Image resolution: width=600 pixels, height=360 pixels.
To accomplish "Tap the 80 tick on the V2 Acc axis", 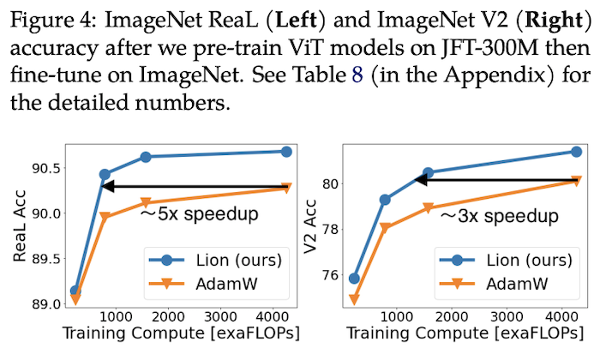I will pyautogui.click(x=331, y=183).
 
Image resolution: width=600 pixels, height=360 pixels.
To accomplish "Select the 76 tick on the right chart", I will pyautogui.click(x=331, y=275).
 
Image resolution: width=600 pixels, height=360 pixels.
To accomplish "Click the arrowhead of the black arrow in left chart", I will pyautogui.click(x=109, y=186).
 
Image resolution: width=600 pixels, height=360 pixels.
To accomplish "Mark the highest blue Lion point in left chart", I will pyautogui.click(x=286, y=152).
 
